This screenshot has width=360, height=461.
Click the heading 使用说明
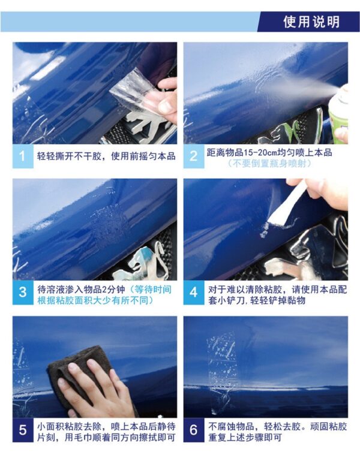point(311,22)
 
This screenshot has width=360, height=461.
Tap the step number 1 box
point(23,156)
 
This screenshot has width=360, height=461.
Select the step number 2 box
point(194,156)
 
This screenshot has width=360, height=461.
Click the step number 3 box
point(23,293)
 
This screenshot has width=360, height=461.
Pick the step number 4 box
point(194,293)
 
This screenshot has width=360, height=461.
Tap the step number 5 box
point(23,430)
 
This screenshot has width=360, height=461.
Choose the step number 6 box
point(194,430)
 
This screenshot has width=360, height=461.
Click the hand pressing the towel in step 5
point(94,388)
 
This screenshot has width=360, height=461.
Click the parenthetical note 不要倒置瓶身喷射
point(269,164)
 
